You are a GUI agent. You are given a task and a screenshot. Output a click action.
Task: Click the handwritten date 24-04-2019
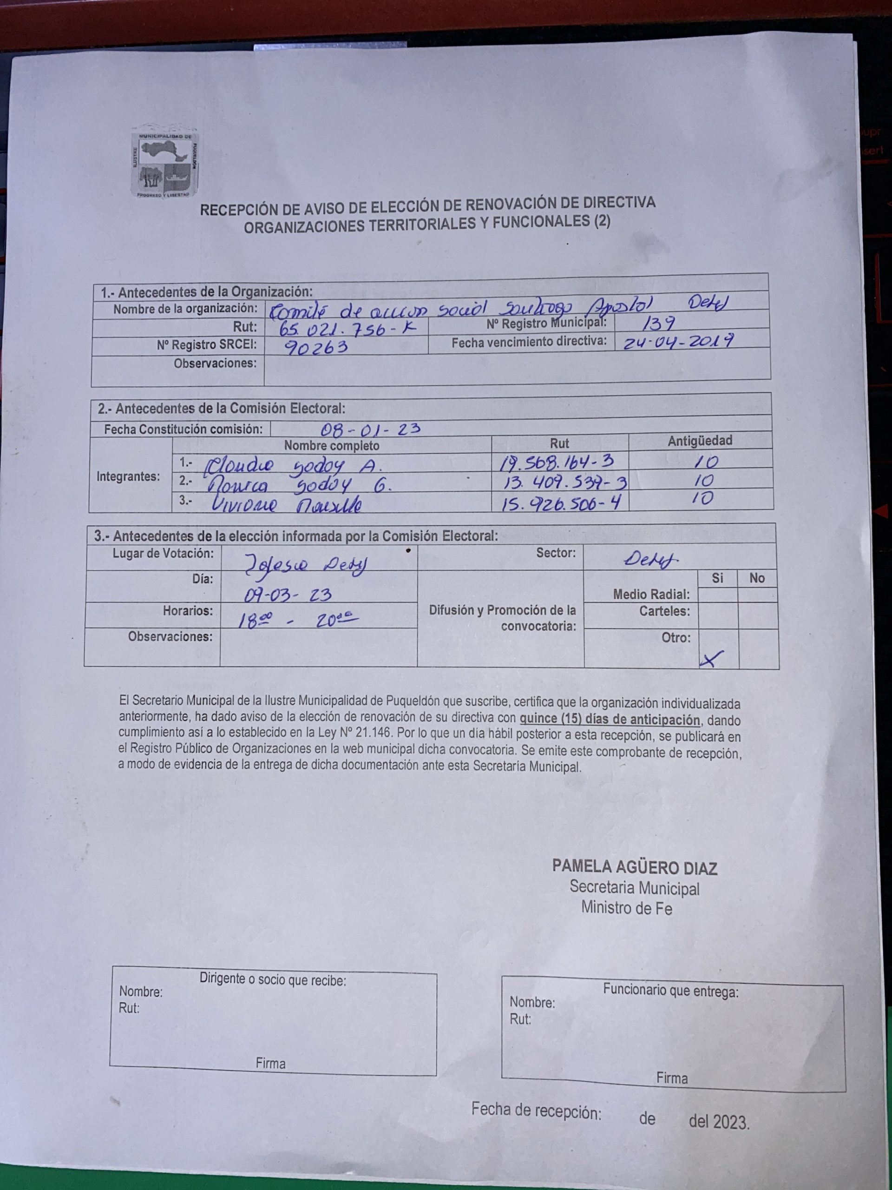click(679, 341)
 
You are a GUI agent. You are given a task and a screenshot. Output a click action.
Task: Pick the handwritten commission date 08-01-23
click(370, 429)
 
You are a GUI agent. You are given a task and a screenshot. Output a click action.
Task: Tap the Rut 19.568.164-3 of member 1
click(557, 462)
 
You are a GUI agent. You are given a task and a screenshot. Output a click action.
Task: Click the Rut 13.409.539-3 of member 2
click(564, 482)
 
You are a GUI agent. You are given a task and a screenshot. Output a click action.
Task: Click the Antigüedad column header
click(700, 441)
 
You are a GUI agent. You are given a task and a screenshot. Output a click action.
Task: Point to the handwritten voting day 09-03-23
click(288, 595)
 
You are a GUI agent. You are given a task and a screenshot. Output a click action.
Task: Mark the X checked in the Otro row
click(711, 659)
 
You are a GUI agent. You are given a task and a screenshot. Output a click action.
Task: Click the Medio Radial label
click(651, 595)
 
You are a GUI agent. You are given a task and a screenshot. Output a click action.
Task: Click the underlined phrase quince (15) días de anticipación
click(609, 720)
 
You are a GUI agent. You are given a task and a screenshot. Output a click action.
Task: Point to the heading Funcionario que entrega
click(670, 990)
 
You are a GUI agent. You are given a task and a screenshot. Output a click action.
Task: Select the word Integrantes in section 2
click(128, 476)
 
